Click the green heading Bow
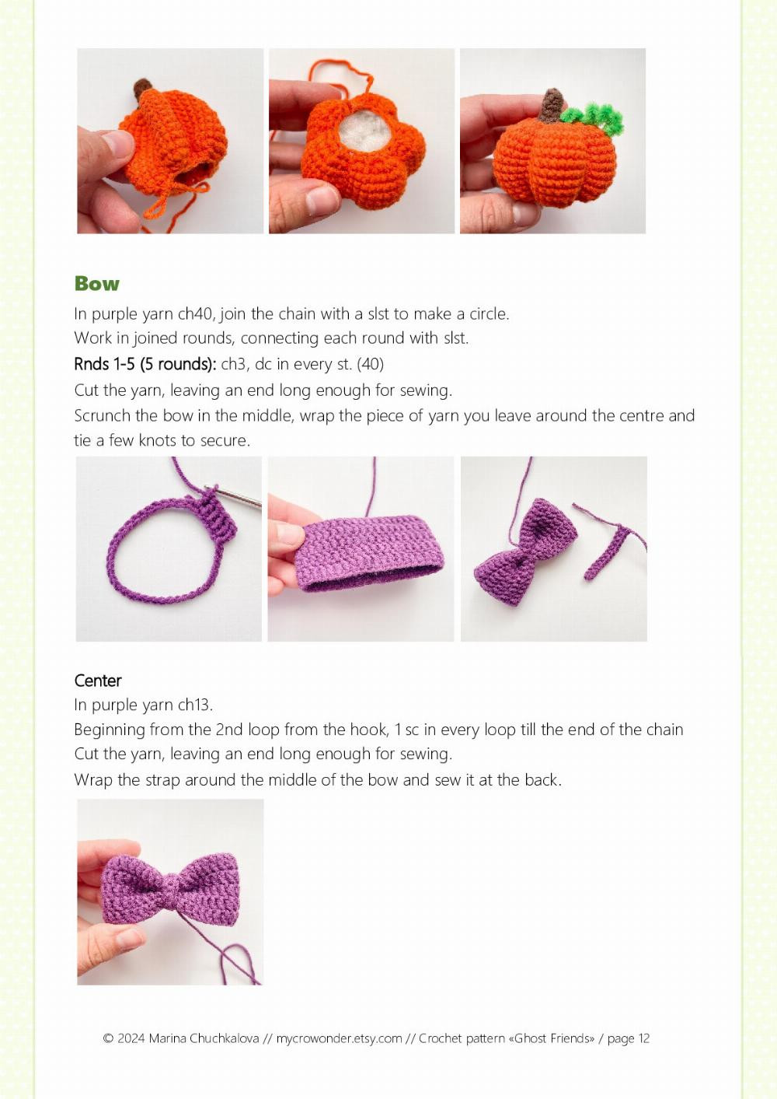(97, 284)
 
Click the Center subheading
(98, 681)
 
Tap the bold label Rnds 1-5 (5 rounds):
(145, 364)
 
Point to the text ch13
(195, 705)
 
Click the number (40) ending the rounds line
(370, 364)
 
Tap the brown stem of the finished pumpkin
(552, 107)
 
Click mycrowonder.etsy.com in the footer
(339, 1038)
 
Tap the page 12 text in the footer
(629, 1038)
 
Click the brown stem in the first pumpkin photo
(142, 90)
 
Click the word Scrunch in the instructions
(103, 416)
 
